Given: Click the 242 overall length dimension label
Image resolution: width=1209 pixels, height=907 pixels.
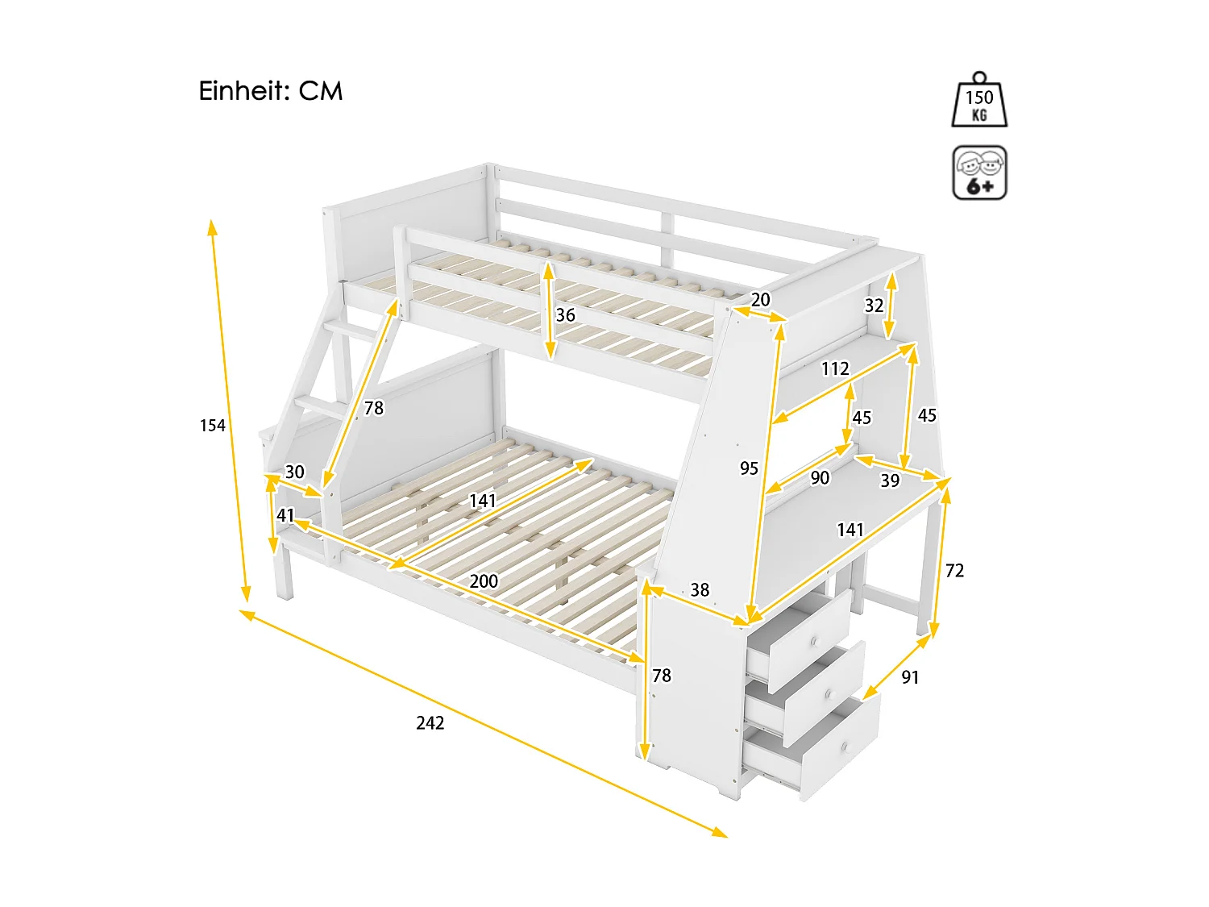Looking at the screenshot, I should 430,723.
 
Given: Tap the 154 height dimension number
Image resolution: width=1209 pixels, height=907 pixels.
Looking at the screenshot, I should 213,425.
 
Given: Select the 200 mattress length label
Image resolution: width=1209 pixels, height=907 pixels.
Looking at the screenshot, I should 484,581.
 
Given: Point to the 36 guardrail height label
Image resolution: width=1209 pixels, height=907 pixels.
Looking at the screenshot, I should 566,315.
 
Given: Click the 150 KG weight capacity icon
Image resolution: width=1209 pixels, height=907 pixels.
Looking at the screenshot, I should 979,101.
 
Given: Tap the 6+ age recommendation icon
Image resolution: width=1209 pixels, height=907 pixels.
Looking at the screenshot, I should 979,173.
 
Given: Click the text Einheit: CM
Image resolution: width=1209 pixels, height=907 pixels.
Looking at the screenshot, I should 271,91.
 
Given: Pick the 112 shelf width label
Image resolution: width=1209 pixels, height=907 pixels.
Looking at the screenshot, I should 835,369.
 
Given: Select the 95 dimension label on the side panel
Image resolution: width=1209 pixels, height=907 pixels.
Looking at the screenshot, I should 749,468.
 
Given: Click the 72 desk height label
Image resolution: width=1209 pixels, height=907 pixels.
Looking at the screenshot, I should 954,571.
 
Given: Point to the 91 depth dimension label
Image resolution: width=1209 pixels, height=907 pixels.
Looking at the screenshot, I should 910,677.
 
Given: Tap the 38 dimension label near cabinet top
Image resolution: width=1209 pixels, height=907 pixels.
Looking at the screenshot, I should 700,590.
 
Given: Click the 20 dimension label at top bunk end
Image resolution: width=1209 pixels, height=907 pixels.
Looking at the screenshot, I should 760,300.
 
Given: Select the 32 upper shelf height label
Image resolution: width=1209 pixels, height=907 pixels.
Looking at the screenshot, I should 874,306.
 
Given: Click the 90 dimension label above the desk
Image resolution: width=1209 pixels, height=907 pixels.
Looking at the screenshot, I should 820,478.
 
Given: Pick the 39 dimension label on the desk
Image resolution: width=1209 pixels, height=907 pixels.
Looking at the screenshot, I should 890,481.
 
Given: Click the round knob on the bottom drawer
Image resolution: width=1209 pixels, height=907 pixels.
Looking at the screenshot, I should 845,748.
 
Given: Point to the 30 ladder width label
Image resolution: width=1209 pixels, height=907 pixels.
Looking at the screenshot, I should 295,472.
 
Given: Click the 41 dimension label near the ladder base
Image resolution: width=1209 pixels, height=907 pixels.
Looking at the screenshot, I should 285,515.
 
